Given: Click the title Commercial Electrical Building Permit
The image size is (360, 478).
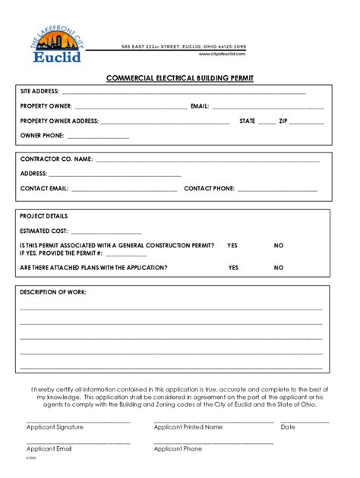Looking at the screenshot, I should pos(179,78).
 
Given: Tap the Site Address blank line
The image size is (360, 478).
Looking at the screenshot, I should pos(182,93).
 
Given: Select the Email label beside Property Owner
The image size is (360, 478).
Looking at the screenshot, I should pos(201,106).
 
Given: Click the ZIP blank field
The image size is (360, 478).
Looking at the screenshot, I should pos(306,122).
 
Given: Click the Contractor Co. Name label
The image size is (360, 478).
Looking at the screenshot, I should pos(56,159).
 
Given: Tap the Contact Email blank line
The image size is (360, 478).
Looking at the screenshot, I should pos(124,189).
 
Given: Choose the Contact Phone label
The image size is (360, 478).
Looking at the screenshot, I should pos(210,188).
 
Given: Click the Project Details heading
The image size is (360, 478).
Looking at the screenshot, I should pos(43,216).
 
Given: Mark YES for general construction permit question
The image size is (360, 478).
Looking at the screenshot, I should pos(232,246).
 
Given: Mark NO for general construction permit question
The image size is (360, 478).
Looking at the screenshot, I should pos(279,246).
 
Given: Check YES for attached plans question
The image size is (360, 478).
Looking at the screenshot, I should pos(233,268).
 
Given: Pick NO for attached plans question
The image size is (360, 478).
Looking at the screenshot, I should pos(279,268).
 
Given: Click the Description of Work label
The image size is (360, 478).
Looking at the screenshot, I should pos(53,292).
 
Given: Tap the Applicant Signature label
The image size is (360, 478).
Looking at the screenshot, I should pos(55,427).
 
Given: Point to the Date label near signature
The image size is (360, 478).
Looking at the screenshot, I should pos(288,427).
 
